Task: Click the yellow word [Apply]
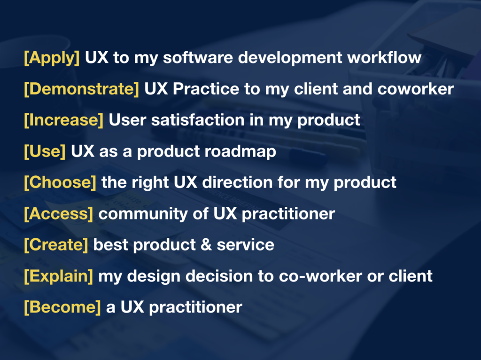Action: click(x=52, y=58)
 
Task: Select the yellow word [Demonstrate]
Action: click(x=81, y=89)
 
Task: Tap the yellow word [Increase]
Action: click(x=63, y=120)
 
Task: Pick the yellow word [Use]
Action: click(x=45, y=151)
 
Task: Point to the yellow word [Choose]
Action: click(x=60, y=182)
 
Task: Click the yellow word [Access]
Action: click(x=59, y=213)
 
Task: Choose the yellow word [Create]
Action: click(x=56, y=244)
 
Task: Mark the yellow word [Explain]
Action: click(x=59, y=276)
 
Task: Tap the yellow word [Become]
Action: click(x=62, y=307)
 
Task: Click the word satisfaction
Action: click(x=197, y=120)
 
